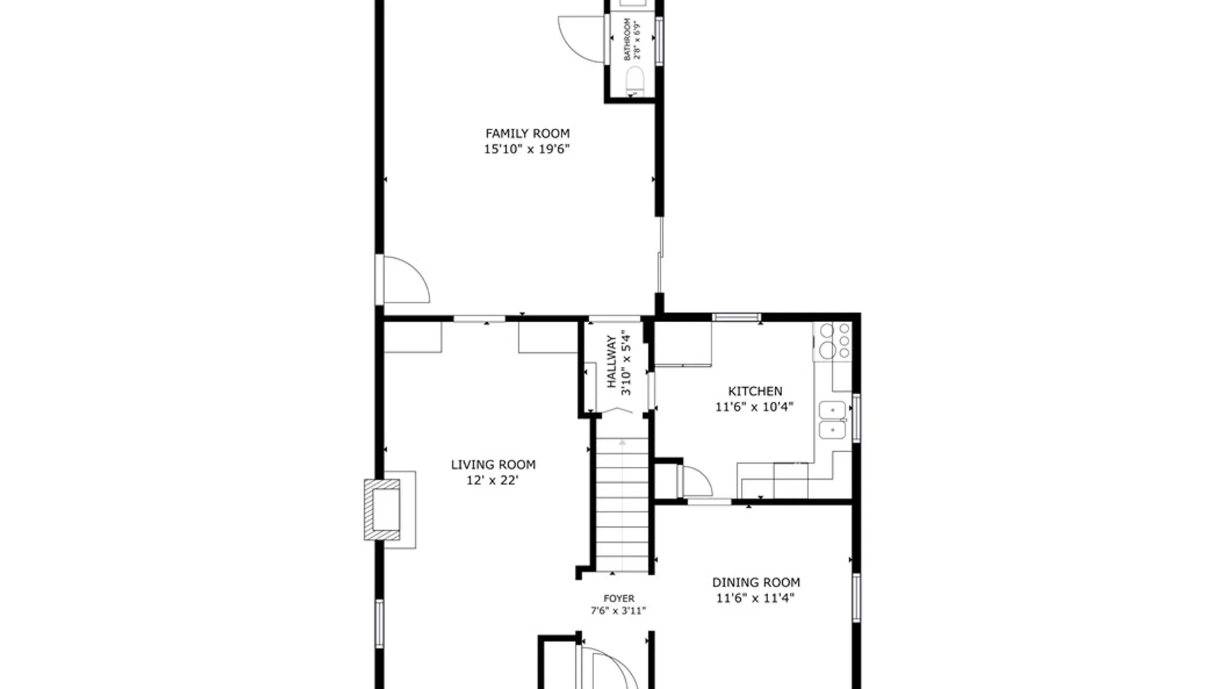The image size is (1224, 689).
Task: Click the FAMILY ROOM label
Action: (x=527, y=133)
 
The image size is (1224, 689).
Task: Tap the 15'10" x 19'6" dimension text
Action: (x=527, y=149)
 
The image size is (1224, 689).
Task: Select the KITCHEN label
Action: (x=755, y=391)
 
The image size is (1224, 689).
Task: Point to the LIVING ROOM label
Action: (x=493, y=464)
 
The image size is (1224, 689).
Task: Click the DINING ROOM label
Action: (x=755, y=582)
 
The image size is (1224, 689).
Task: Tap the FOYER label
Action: (x=618, y=598)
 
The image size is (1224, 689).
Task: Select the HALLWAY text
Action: (x=612, y=362)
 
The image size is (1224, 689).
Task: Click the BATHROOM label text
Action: (x=627, y=40)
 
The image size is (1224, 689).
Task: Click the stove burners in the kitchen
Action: (x=835, y=340)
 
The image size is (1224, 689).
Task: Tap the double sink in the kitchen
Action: (x=832, y=420)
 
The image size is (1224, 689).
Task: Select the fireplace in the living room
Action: (x=384, y=510)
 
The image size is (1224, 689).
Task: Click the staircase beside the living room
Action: (x=622, y=504)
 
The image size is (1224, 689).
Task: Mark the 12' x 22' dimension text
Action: (x=492, y=480)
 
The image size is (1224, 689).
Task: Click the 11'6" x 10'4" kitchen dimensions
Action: (x=754, y=407)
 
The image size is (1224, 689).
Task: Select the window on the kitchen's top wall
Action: (x=736, y=316)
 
